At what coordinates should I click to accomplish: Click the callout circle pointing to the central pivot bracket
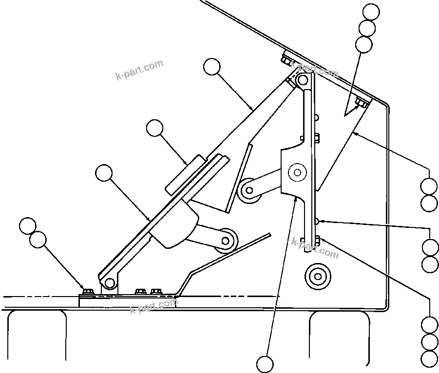266,363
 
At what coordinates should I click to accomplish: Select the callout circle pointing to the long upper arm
212,67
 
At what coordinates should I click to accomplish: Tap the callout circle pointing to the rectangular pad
155,129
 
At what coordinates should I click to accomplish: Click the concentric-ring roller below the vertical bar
317,277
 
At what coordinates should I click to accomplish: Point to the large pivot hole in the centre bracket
296,171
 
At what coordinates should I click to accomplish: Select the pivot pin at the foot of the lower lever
109,282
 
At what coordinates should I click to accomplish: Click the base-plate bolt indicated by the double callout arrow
88,291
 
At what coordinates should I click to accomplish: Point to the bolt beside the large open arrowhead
362,103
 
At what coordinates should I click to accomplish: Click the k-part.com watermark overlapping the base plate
153,305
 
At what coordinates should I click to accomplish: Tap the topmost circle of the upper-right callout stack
371,11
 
